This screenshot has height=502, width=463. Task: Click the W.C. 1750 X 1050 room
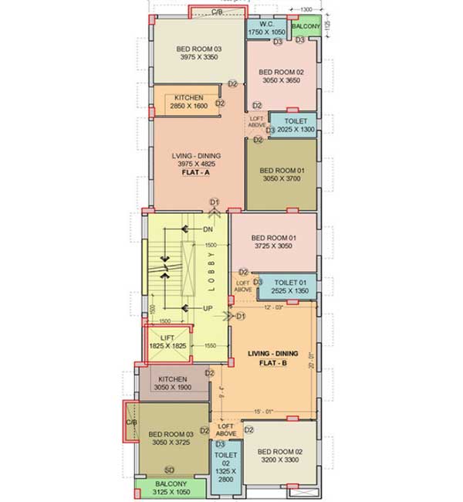(267, 27)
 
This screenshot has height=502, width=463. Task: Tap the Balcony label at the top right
(306, 27)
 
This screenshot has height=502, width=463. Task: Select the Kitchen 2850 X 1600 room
(189, 101)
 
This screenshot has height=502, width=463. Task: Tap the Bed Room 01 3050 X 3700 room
(281, 174)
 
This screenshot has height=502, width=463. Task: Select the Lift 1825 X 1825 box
(167, 341)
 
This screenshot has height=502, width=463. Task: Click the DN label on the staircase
(208, 230)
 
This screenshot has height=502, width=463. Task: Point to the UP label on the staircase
(208, 308)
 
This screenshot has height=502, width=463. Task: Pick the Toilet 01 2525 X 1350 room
(286, 286)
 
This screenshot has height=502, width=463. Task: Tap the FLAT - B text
(268, 362)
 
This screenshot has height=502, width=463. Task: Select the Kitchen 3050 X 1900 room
(173, 384)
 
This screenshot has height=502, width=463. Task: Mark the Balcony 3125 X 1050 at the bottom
(171, 489)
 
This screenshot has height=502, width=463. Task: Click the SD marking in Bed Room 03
(169, 470)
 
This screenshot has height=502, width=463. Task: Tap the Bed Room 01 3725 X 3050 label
(273, 242)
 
